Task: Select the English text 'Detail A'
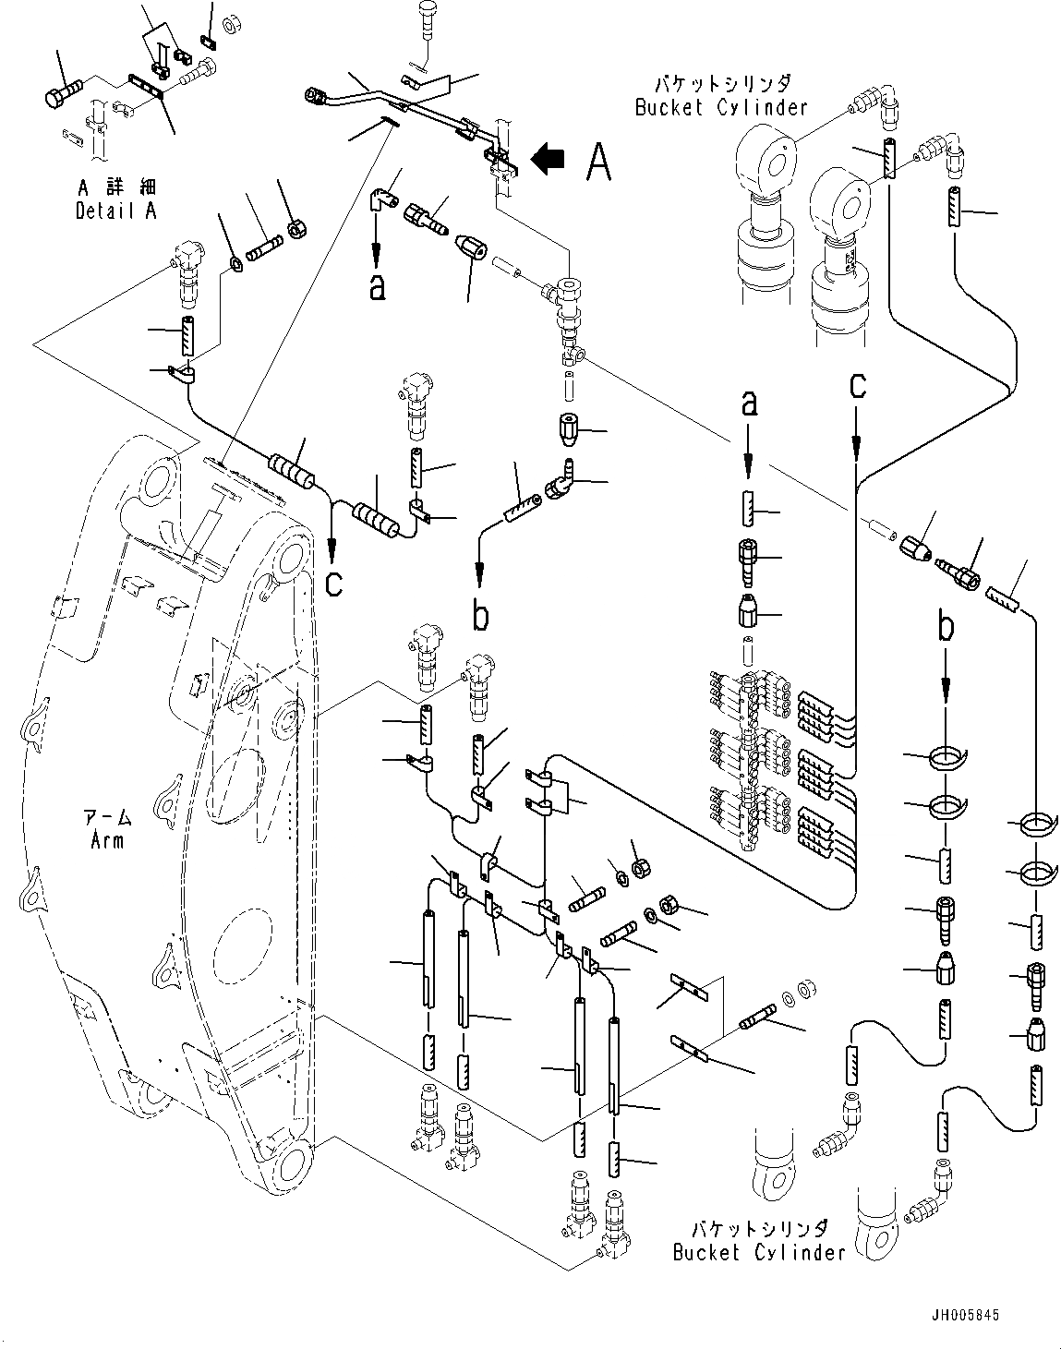click(x=115, y=211)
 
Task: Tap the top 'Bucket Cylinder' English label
click(x=721, y=107)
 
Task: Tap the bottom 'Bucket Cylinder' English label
click(x=759, y=1253)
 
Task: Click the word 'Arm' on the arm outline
click(x=107, y=839)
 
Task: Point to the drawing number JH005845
click(x=966, y=1315)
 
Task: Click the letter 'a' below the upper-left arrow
click(x=376, y=288)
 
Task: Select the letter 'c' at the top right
click(x=858, y=384)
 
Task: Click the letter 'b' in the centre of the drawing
click(x=480, y=615)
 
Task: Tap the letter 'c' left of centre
click(x=334, y=583)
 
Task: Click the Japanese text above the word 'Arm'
click(x=107, y=817)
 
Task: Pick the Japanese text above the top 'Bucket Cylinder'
click(x=721, y=85)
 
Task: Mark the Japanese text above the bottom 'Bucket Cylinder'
click(x=759, y=1230)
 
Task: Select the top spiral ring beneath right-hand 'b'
click(x=943, y=757)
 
